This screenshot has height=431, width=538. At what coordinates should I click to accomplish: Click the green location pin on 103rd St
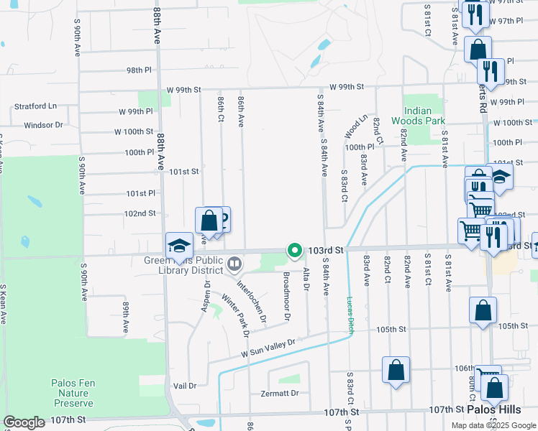click(x=294, y=250)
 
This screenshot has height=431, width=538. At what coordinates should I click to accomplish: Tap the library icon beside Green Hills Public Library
click(x=233, y=265)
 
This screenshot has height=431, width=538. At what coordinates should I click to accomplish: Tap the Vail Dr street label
click(x=185, y=386)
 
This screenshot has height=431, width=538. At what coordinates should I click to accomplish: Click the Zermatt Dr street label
click(x=281, y=393)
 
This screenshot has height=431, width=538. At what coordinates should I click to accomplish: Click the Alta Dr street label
click(x=306, y=279)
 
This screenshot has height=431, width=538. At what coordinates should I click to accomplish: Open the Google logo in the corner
click(x=24, y=422)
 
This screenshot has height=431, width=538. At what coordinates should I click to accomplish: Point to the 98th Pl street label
click(x=140, y=70)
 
